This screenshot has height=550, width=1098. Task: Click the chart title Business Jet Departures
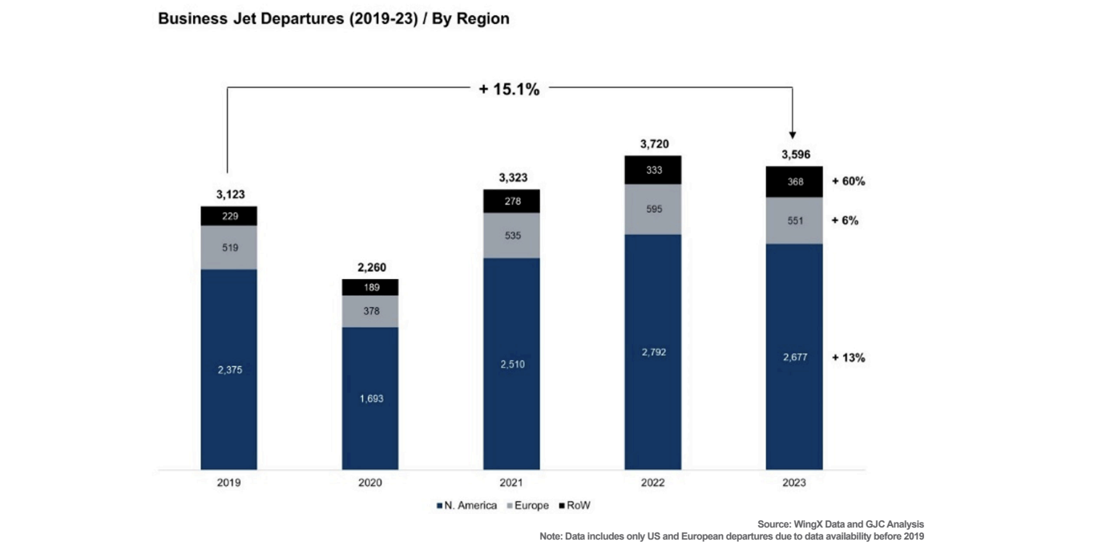pos(333,18)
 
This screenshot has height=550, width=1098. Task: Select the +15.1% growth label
pos(509,90)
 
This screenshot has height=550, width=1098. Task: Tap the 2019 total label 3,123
pos(228,194)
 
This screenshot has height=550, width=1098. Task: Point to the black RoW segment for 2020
pos(369,287)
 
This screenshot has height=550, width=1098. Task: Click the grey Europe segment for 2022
pos(652,209)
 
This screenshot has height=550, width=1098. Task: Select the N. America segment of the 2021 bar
pos(511,363)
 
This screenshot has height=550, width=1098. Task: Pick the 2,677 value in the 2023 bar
pos(793,358)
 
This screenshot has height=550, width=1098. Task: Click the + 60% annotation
pos(848,182)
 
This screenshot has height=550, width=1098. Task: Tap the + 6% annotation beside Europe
pos(845,220)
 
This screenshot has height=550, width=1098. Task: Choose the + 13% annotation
pos(848,358)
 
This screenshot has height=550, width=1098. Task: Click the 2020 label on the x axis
pos(369,483)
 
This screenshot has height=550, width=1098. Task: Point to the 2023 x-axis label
pos(793,483)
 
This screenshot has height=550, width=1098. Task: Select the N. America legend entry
pos(466,506)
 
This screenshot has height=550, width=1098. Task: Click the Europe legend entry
pos(527,506)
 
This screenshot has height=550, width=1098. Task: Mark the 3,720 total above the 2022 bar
pos(652,144)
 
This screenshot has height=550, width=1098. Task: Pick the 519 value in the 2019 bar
pos(228,248)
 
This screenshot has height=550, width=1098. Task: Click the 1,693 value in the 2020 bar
pos(369,398)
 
